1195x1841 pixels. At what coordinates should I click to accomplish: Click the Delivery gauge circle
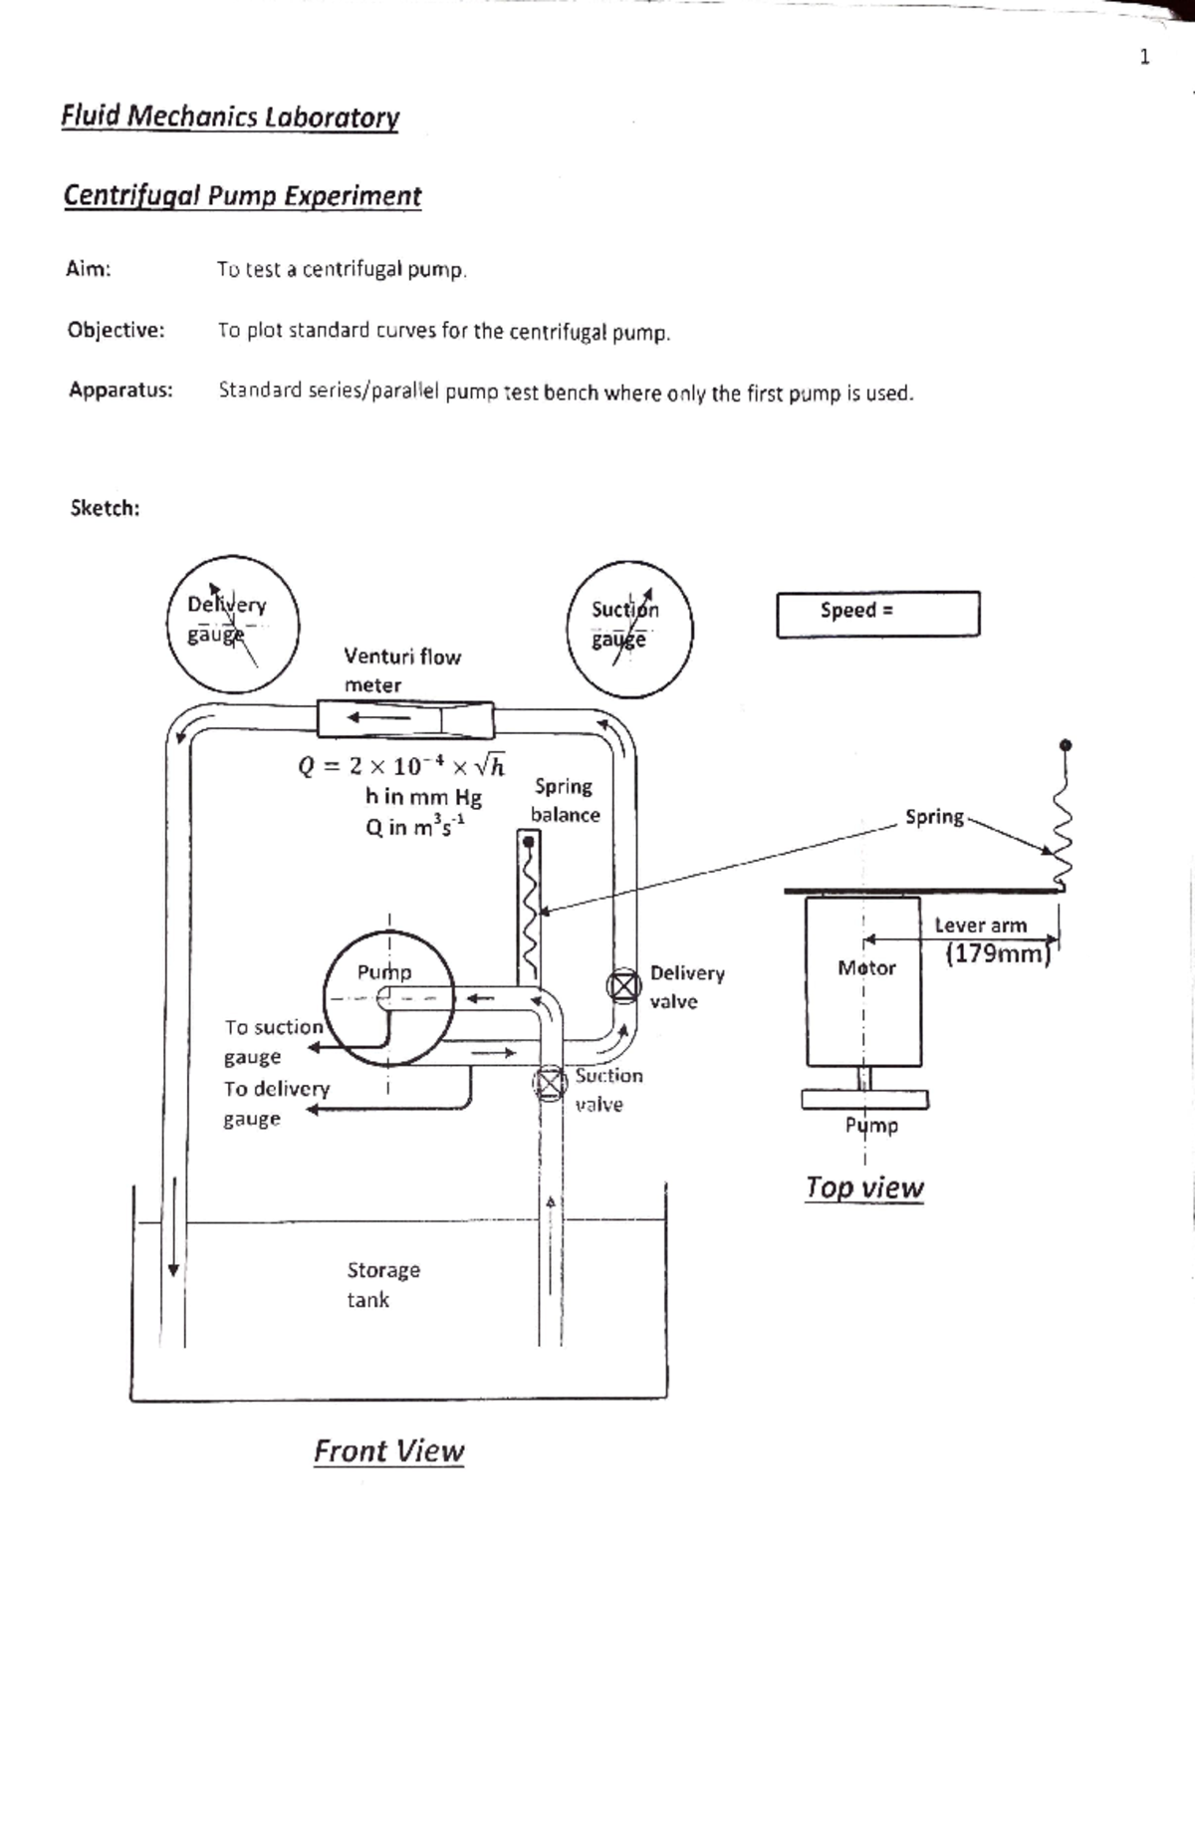[x=232, y=624]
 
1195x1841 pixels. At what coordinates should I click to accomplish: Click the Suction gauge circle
[x=629, y=629]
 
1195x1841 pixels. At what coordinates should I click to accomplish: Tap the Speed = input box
[x=877, y=614]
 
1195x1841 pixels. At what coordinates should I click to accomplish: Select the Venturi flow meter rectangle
[x=404, y=718]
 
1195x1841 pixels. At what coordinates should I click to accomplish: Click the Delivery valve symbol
[x=623, y=986]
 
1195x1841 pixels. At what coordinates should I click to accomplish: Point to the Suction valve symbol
[x=549, y=1083]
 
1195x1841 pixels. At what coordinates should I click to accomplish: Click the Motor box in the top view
[x=863, y=981]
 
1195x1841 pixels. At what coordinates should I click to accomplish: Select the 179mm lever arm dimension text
[x=998, y=954]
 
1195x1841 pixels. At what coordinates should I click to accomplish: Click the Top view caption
[x=864, y=1187]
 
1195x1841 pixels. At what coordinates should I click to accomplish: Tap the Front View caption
[x=388, y=1450]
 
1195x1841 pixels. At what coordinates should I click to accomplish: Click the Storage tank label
[x=382, y=1284]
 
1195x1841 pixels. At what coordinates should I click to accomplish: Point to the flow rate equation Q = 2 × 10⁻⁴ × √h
[x=400, y=766]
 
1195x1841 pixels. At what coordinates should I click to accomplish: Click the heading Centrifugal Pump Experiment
[x=242, y=195]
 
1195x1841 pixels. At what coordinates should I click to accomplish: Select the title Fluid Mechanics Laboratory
[x=230, y=117]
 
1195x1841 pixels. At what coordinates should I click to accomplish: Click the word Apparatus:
[x=120, y=390]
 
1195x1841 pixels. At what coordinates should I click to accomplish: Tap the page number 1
[x=1144, y=57]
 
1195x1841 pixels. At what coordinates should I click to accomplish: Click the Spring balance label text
[x=565, y=800]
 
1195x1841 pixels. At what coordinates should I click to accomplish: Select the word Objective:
[x=116, y=330]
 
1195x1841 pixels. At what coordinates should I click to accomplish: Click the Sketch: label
[x=105, y=508]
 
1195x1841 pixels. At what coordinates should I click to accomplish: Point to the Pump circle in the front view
[x=388, y=997]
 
